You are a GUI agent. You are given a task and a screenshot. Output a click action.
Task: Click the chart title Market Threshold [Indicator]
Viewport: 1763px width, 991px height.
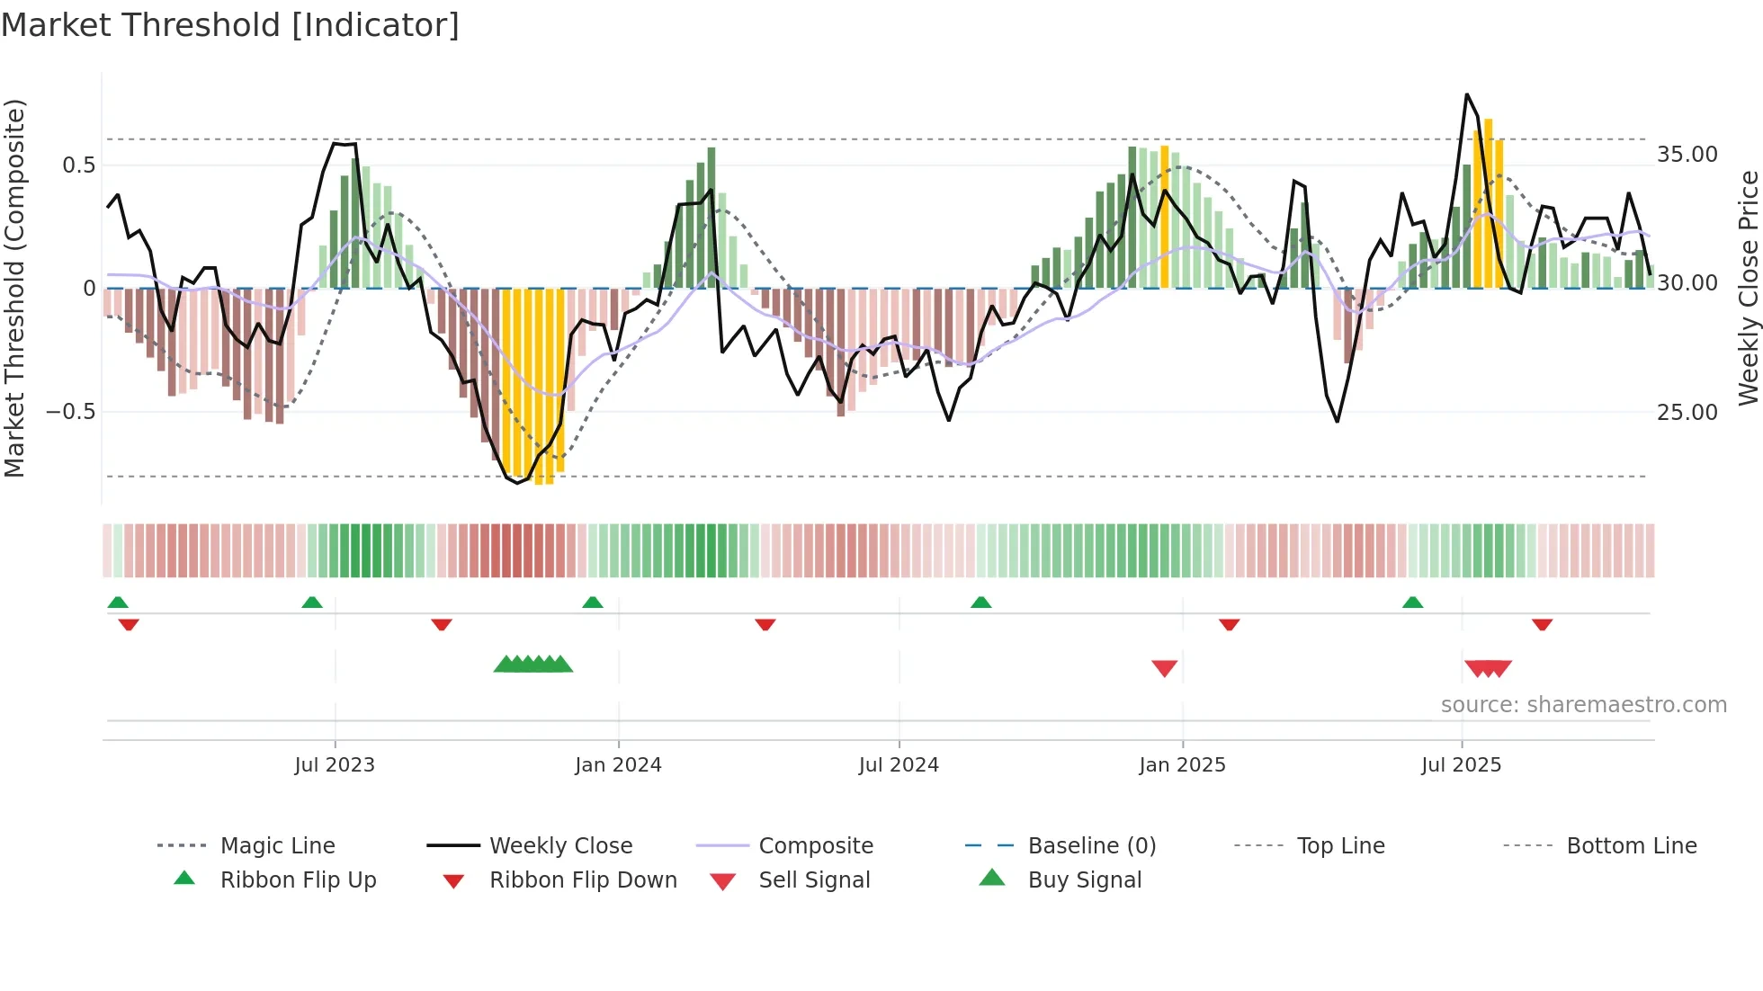tap(230, 25)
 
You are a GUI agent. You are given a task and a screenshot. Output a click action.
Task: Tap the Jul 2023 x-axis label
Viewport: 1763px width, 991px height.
tap(335, 765)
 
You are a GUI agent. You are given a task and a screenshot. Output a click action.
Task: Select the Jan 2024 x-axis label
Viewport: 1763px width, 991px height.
tap(618, 765)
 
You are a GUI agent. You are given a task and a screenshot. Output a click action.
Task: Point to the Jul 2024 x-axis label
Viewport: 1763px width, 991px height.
tap(899, 765)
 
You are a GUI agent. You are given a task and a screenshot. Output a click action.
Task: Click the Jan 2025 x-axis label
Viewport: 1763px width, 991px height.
tap(1182, 765)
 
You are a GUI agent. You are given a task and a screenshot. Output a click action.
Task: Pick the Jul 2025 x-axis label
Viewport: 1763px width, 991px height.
tap(1462, 765)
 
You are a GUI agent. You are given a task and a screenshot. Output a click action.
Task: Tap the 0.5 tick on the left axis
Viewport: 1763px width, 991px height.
tap(79, 165)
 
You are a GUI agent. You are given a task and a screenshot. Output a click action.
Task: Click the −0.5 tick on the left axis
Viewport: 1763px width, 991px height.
tap(71, 412)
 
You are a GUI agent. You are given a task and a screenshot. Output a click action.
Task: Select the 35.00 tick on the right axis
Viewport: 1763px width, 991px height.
tap(1687, 155)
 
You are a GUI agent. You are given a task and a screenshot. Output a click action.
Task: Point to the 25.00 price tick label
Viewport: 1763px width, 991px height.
tap(1687, 413)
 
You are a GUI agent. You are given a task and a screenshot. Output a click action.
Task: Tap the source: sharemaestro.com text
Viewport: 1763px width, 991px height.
tap(1583, 705)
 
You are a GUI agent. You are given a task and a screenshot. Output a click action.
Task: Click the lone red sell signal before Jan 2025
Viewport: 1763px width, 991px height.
tap(1164, 668)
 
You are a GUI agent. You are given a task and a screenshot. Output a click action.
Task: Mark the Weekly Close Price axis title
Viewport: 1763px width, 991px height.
tap(1748, 288)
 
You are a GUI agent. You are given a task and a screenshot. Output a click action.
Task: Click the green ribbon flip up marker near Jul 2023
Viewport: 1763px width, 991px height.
tap(312, 603)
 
